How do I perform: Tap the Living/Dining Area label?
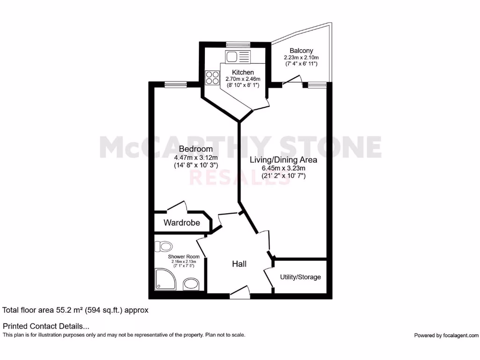(x=283, y=160)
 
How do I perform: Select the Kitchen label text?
(x=243, y=72)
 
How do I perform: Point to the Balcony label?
(x=301, y=51)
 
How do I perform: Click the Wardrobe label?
(x=181, y=223)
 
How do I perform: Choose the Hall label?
(x=239, y=264)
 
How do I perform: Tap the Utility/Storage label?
(x=300, y=277)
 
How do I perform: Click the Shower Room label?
(x=184, y=256)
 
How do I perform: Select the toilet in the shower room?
(x=165, y=246)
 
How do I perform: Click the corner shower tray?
(x=165, y=280)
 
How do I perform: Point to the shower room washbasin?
(x=191, y=284)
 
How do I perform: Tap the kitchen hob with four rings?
(x=212, y=77)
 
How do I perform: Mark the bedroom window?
(x=176, y=84)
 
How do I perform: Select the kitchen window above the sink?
(x=238, y=45)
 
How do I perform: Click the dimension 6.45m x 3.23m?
(x=284, y=168)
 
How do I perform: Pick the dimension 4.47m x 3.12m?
(x=194, y=157)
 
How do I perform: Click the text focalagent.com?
(x=460, y=335)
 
